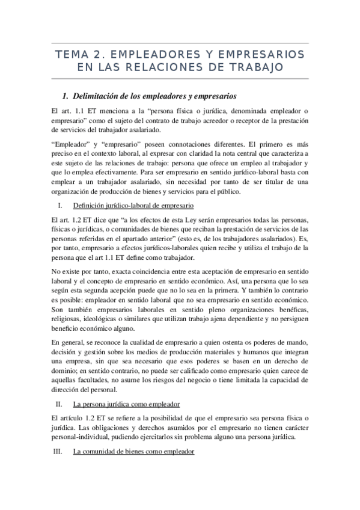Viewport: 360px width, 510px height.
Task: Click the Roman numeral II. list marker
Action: point(59,404)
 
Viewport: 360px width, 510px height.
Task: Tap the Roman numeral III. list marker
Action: point(58,451)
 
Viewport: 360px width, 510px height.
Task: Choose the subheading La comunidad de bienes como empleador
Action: point(133,451)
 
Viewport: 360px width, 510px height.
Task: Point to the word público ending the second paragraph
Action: point(225,192)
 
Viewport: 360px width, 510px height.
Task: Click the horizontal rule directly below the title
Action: point(180,79)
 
